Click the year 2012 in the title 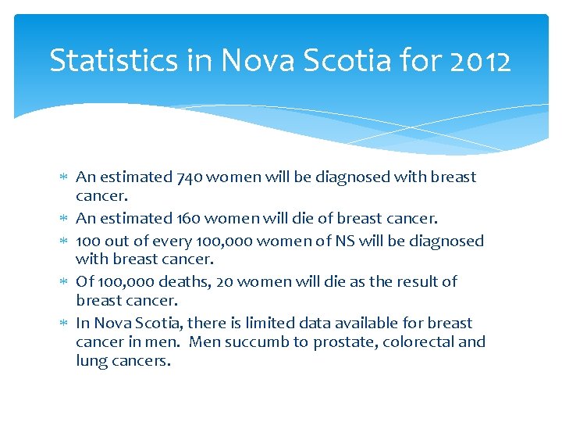480,60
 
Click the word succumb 261,342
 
